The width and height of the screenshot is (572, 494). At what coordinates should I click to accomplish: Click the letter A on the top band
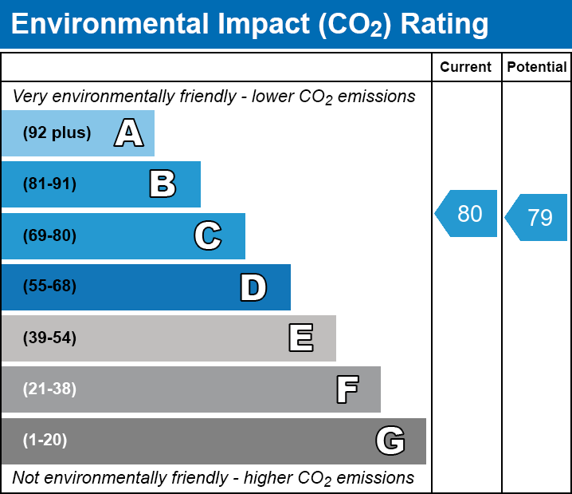(129, 133)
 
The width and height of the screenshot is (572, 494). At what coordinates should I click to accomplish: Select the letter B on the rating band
(163, 184)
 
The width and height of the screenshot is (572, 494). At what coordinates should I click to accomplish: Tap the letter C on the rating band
(208, 235)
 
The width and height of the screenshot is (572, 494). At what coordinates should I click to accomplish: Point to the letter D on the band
(253, 287)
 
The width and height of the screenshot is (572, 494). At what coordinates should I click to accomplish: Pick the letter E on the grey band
(300, 338)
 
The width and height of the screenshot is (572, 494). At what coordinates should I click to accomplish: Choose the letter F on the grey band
(347, 389)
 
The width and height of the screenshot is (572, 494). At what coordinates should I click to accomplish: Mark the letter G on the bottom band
(390, 441)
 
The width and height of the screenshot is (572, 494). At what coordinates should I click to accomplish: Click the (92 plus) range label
(57, 133)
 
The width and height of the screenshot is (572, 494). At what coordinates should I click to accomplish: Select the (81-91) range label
(49, 184)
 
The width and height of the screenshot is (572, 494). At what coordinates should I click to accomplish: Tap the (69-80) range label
(49, 235)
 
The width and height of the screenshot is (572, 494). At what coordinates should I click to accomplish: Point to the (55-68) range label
(49, 287)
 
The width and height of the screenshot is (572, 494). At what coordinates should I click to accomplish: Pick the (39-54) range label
(49, 338)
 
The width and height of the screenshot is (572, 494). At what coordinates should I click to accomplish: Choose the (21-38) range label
(49, 389)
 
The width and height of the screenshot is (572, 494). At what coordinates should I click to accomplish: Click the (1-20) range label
(45, 441)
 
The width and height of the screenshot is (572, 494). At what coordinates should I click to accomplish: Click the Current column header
(466, 68)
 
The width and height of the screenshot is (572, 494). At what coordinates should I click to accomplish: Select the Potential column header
(537, 68)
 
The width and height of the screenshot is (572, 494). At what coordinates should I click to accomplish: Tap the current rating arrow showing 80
(468, 214)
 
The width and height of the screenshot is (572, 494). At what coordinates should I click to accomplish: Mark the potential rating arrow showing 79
(538, 217)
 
